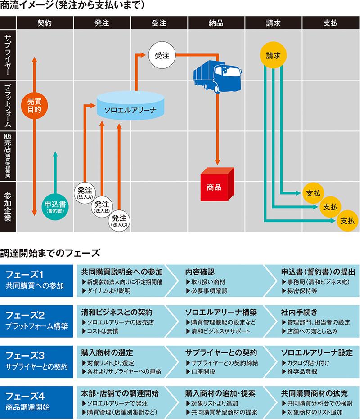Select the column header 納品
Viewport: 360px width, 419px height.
(x=216, y=22)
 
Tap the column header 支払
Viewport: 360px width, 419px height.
(x=331, y=22)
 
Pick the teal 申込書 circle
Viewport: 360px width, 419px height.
(x=55, y=206)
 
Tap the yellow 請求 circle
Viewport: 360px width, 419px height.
(x=273, y=56)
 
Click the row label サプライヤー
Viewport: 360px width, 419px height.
(x=8, y=54)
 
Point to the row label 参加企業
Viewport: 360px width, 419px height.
(x=8, y=206)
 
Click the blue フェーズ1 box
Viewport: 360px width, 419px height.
(x=36, y=278)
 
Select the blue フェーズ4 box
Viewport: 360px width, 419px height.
(x=36, y=401)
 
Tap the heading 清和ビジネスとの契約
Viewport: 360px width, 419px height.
(x=117, y=311)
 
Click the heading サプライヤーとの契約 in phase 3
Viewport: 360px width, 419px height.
(x=221, y=352)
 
